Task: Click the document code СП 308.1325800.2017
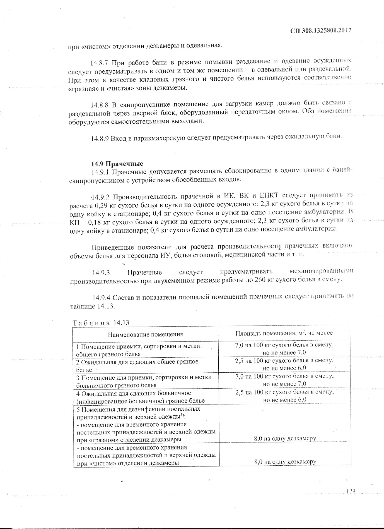(x=320, y=31)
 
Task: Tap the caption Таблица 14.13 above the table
(x=101, y=322)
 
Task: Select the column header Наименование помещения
(x=145, y=334)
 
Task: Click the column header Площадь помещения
(x=284, y=333)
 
